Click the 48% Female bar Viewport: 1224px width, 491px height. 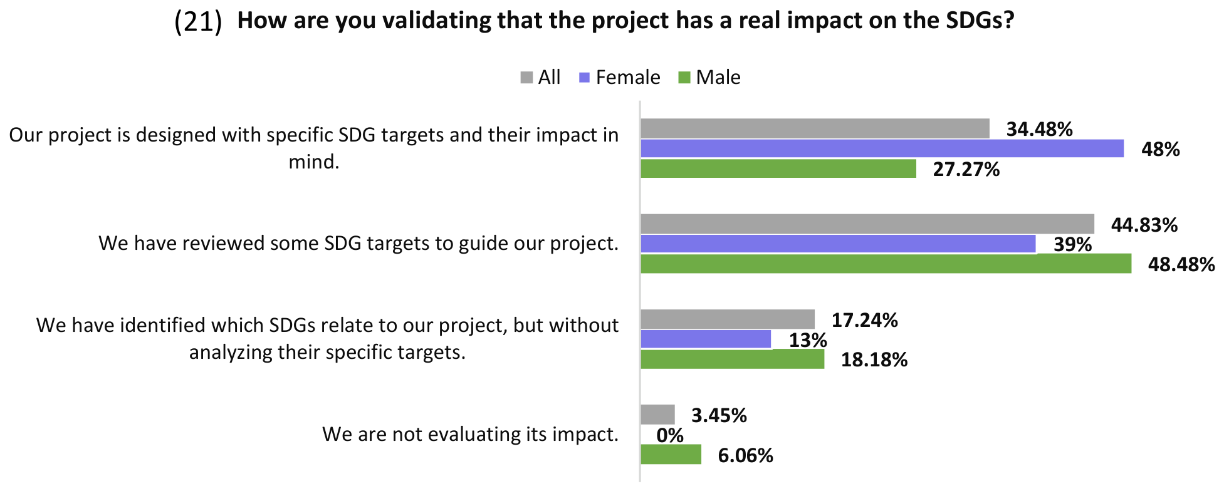click(882, 148)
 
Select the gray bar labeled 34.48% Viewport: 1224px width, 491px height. click(815, 128)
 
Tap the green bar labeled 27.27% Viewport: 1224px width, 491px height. click(778, 168)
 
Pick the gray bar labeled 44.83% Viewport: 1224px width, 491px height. click(868, 224)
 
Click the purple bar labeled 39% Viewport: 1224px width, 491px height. click(839, 244)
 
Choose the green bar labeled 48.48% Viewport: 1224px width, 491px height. click(886, 264)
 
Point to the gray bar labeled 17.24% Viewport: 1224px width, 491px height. click(728, 319)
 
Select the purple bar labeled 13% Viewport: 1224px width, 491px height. click(706, 339)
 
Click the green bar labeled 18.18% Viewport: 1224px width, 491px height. click(733, 359)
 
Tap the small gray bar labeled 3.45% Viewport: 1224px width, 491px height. click(658, 415)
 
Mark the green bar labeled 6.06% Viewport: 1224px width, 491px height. click(671, 454)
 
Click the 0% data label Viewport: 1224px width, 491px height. click(670, 435)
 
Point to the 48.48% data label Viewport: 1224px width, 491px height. click(1181, 264)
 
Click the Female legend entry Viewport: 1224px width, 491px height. click(620, 77)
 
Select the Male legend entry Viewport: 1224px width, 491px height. click(709, 77)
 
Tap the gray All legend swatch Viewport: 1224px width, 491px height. click(526, 78)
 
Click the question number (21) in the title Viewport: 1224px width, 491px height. click(198, 22)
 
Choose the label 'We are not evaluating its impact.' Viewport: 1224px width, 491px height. click(471, 434)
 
